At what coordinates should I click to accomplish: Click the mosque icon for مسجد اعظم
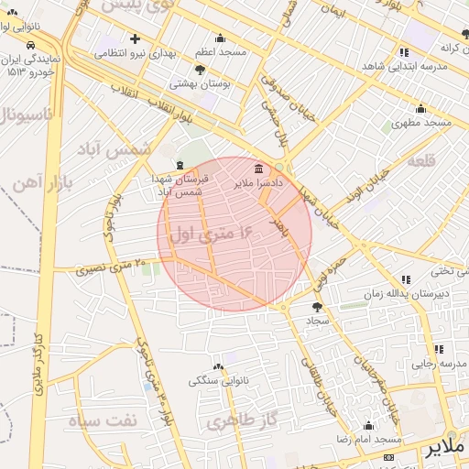click(x=220, y=38)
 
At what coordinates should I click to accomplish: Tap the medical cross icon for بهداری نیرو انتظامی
click(x=136, y=39)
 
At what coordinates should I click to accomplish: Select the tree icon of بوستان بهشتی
click(x=201, y=70)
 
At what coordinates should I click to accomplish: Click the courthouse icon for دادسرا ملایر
click(x=258, y=169)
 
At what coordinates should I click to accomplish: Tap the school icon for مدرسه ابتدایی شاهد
click(x=404, y=52)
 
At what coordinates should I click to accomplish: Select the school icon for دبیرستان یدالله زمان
click(x=405, y=279)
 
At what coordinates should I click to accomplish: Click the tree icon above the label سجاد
click(x=318, y=307)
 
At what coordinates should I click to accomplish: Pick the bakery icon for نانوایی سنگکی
click(x=219, y=365)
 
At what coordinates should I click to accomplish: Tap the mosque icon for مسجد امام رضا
click(x=368, y=426)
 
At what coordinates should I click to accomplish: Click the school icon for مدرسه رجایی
click(x=439, y=349)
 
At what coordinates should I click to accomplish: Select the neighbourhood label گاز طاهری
click(x=230, y=421)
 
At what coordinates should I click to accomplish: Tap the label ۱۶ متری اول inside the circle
click(x=212, y=234)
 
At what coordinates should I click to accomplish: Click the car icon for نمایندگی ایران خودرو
click(x=31, y=45)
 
